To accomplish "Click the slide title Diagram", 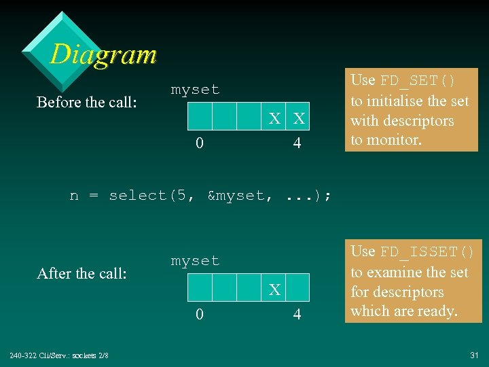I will pyautogui.click(x=103, y=54).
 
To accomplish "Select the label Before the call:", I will pyautogui.click(x=86, y=102).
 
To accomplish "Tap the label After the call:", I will pyautogui.click(x=81, y=273).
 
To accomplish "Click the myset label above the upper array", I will pyautogui.click(x=195, y=90).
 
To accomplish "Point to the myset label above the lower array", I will pyautogui.click(x=195, y=261).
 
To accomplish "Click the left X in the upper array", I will pyautogui.click(x=274, y=118).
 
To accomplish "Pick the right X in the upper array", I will pyautogui.click(x=298, y=118).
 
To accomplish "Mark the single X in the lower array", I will pyautogui.click(x=274, y=290).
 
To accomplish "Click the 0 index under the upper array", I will pyautogui.click(x=200, y=144).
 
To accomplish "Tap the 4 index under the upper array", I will pyautogui.click(x=297, y=144).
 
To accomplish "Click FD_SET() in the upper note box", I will pyautogui.click(x=418, y=81).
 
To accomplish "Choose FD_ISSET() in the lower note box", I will pyautogui.click(x=427, y=252).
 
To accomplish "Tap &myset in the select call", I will pyautogui.click(x=235, y=196).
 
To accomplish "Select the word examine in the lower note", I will pyautogui.click(x=398, y=273).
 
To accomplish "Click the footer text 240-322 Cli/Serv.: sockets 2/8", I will pyautogui.click(x=58, y=355).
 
